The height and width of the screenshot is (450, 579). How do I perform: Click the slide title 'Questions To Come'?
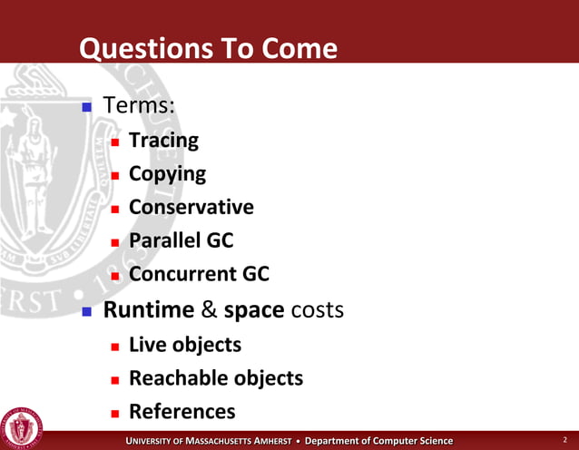(x=209, y=48)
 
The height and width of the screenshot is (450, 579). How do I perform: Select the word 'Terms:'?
(x=139, y=106)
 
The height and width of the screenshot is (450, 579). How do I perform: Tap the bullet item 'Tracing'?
(x=163, y=141)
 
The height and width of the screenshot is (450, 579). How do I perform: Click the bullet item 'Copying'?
(x=167, y=173)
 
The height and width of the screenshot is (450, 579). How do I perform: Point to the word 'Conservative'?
(x=191, y=207)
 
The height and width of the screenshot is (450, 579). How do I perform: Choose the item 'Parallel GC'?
(x=182, y=240)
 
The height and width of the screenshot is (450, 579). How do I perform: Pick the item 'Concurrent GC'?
(x=199, y=274)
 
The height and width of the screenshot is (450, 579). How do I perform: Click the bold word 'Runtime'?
(x=149, y=310)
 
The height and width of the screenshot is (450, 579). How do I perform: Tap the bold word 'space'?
(x=254, y=310)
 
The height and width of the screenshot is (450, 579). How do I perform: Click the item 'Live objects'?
(x=185, y=345)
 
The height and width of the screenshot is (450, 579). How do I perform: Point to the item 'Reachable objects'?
(x=216, y=377)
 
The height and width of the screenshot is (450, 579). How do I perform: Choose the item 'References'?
(x=182, y=411)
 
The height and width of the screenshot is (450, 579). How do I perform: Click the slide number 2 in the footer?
(x=564, y=440)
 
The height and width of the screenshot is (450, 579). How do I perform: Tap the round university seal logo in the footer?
(x=21, y=426)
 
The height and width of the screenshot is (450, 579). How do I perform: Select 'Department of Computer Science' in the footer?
(x=378, y=440)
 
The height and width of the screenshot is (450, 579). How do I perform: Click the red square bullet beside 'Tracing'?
(x=114, y=142)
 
